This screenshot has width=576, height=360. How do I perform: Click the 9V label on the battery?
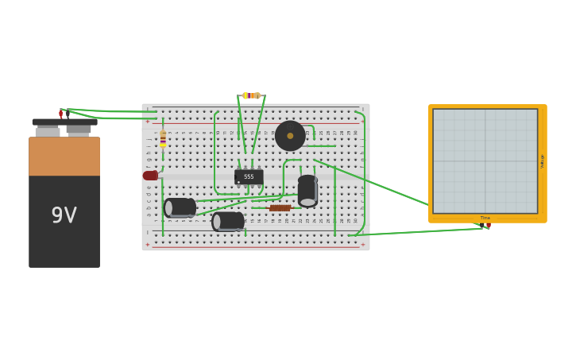click(64, 215)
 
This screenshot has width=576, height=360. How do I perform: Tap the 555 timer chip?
click(249, 176)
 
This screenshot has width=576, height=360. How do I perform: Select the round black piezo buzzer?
click(290, 136)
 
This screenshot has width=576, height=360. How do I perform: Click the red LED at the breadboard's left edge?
click(150, 176)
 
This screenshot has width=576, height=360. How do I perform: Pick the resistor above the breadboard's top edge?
click(251, 95)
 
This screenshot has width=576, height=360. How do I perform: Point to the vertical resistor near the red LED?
click(163, 139)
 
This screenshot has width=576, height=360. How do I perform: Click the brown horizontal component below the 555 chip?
click(280, 208)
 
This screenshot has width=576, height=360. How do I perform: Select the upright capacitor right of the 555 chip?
click(307, 191)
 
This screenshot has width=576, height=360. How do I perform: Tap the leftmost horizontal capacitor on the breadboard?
click(180, 208)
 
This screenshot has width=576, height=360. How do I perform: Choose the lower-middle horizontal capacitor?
click(228, 221)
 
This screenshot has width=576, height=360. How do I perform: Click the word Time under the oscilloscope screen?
click(485, 218)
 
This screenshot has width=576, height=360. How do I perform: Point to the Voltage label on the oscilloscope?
click(542, 161)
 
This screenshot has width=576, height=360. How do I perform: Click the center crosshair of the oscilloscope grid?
click(485, 161)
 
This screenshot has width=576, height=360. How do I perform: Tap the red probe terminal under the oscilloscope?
click(488, 226)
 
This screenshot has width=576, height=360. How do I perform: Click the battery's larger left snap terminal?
click(48, 130)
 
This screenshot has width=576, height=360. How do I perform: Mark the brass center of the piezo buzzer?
click(290, 136)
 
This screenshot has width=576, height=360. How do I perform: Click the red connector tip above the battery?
click(60, 114)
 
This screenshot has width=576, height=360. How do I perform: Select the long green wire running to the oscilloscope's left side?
click(373, 183)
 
